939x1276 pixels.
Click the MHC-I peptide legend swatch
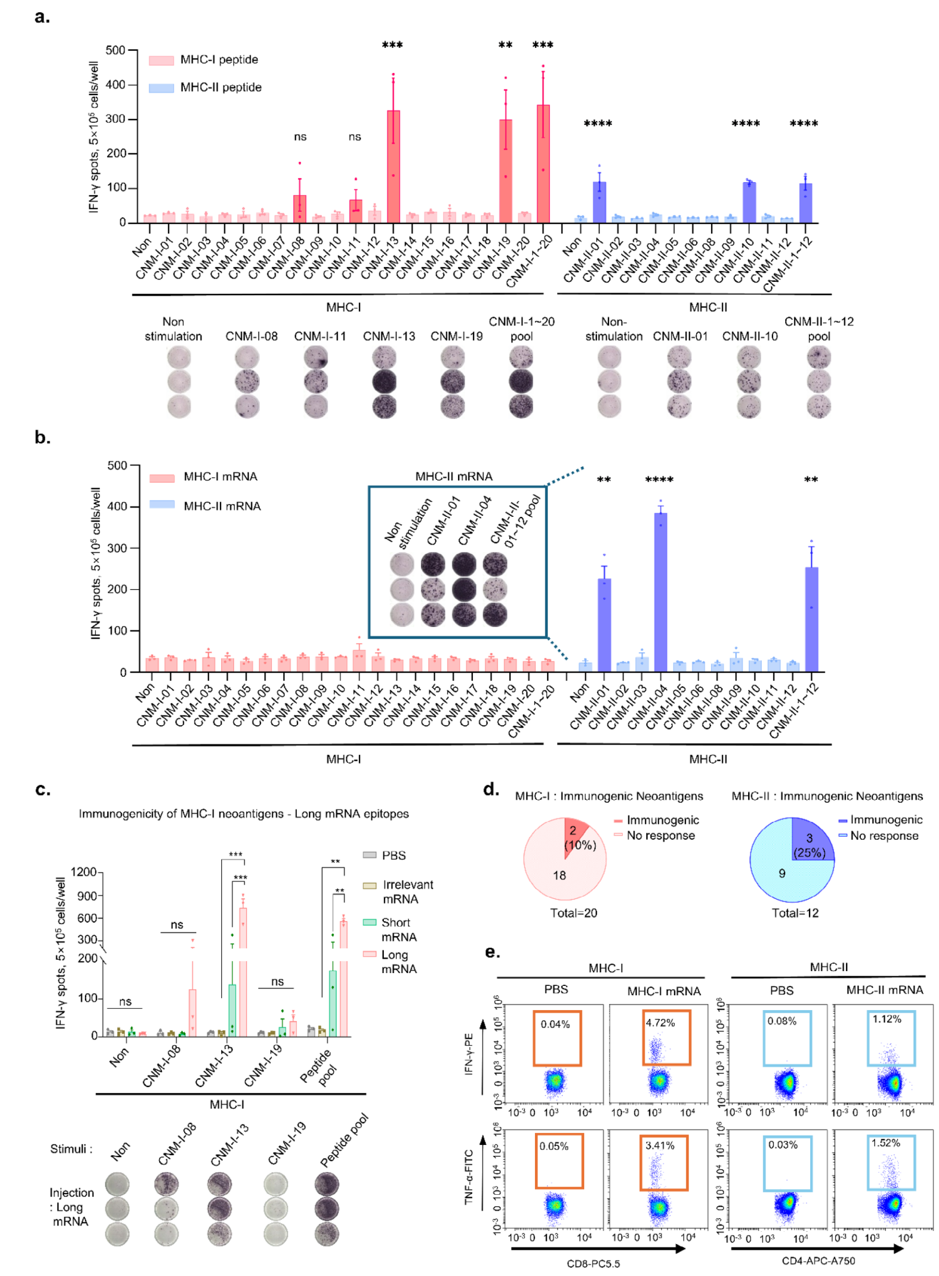162,60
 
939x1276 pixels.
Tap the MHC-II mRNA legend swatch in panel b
162,505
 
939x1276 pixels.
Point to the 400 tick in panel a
115,85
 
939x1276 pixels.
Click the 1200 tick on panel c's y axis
83,872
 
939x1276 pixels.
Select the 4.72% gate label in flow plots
660,1022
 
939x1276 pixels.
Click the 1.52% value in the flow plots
885,1142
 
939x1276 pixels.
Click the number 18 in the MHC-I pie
559,875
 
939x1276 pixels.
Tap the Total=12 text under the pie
794,913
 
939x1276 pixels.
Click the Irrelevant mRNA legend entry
407,891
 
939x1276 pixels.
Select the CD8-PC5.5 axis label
593,1264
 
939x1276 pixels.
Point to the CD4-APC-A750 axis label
818,1261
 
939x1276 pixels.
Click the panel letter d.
490,789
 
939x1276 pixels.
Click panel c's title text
243,814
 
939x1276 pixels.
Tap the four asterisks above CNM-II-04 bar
659,480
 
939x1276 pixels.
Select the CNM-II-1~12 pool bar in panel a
805,202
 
